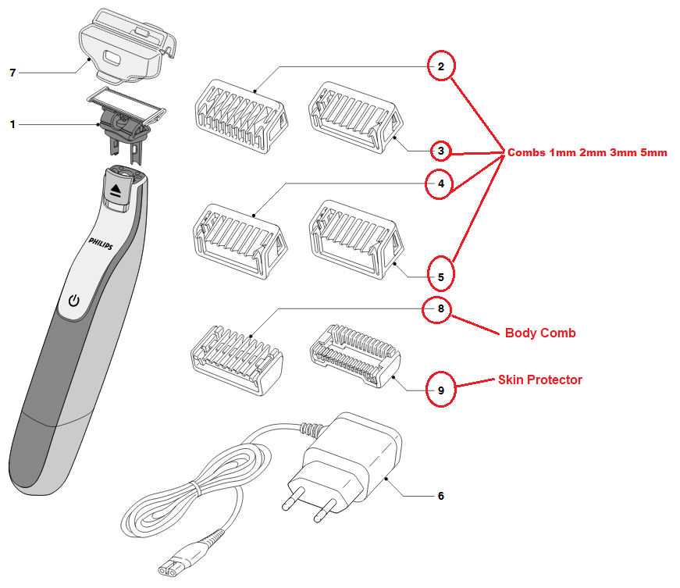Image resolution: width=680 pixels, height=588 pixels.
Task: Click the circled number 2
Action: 441,67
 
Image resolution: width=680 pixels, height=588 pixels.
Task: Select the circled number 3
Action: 441,151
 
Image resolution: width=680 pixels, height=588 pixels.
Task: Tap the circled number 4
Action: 441,185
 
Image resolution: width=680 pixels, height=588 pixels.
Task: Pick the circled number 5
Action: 441,276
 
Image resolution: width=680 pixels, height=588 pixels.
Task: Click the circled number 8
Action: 441,309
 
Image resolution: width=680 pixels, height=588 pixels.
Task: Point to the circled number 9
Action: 441,390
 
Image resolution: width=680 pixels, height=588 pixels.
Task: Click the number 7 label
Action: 12,73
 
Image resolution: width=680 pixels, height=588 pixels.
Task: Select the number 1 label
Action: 12,123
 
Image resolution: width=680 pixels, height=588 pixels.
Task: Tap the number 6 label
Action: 441,496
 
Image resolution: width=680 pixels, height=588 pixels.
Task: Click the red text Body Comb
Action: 540,333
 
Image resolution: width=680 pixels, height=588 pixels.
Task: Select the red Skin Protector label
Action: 540,380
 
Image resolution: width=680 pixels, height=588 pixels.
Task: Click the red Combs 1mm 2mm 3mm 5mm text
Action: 587,153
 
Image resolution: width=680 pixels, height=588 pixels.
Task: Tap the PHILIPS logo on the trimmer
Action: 101,245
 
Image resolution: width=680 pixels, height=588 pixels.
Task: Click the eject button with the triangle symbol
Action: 116,190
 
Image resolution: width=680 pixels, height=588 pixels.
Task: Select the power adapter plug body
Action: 351,461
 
